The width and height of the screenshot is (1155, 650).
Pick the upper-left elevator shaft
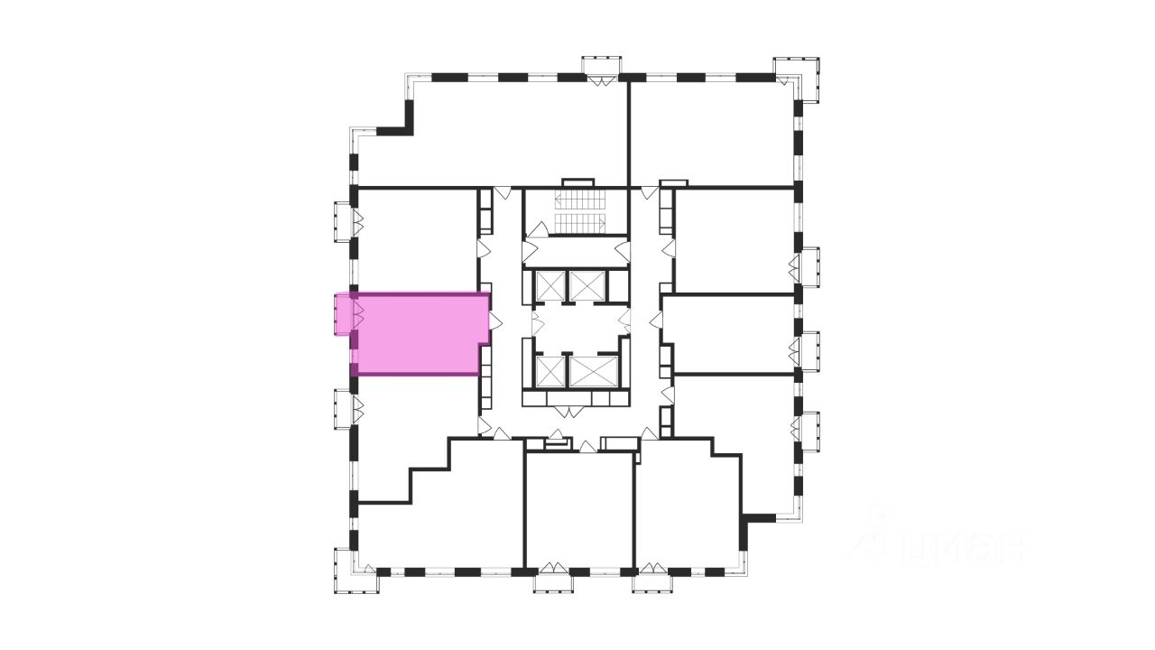coord(549,285)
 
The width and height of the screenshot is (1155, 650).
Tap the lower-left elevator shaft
coord(549,370)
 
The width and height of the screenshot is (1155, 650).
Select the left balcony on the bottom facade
coord(553,580)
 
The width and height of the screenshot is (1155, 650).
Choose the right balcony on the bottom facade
coord(651,580)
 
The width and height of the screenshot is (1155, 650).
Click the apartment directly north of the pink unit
coord(415,239)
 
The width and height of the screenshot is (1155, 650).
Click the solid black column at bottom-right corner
coord(756,519)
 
